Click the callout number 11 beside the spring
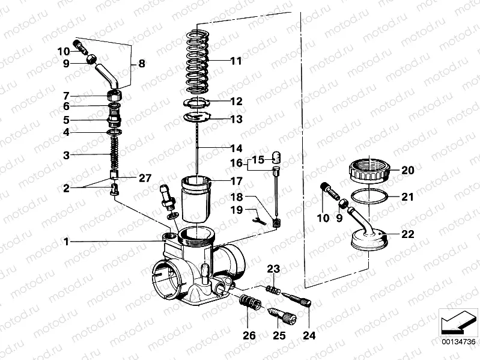point(235,61)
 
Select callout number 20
point(408,170)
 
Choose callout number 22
point(408,234)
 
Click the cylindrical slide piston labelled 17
point(196,198)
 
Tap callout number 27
point(146,177)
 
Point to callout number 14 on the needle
point(235,148)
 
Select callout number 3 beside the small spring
point(67,155)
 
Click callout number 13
point(235,119)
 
